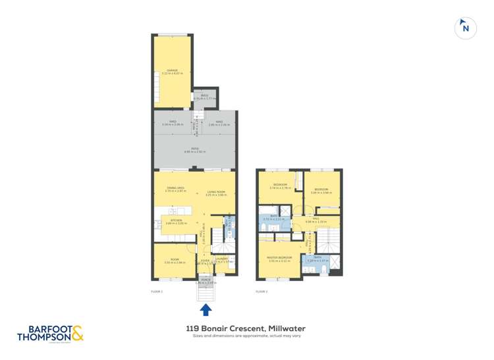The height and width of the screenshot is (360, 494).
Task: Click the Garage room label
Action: click(173, 70)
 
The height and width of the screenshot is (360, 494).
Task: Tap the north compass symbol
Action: click(466, 28)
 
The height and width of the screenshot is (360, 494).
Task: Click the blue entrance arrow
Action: click(206, 309)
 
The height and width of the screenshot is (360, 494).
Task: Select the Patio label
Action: click(195, 149)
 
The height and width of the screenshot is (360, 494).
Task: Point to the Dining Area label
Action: click(175, 189)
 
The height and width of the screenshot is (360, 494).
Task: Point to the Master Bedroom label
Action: click(280, 257)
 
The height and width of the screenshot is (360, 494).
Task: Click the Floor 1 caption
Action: click(157, 290)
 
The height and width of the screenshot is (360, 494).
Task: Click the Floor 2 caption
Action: click(261, 290)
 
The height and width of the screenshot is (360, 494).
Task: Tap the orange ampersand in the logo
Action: click(77, 333)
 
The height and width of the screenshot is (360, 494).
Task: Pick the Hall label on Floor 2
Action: click(317, 219)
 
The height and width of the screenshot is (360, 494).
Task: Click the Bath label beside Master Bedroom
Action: click(317, 257)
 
